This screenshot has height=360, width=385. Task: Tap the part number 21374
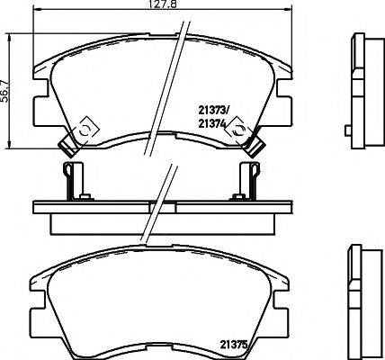tap(213, 127)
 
